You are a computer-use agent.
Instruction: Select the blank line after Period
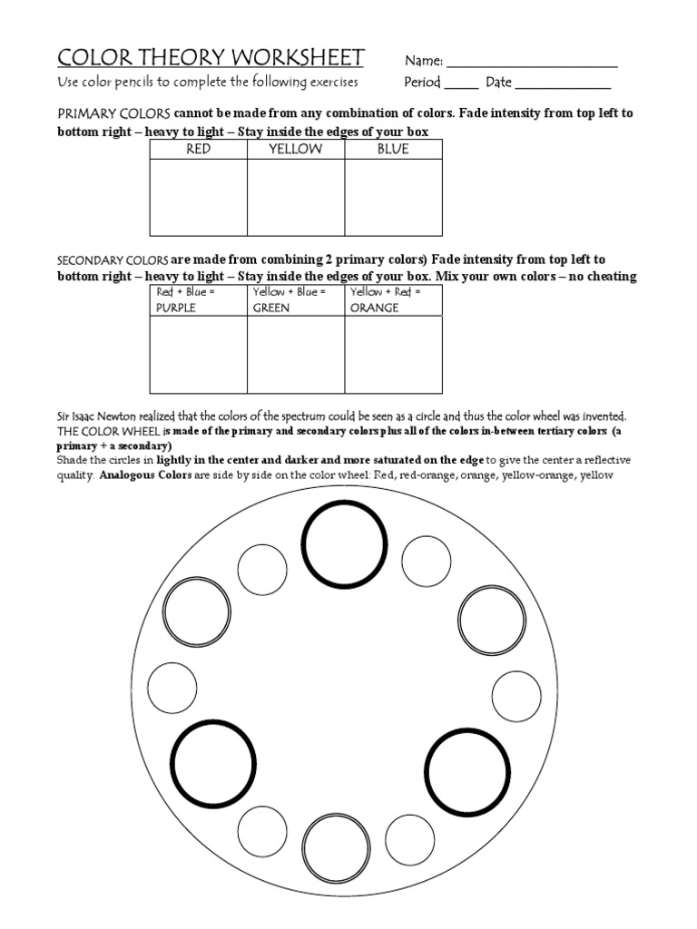point(461,87)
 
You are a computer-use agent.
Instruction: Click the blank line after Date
point(562,87)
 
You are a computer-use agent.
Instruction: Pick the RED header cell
point(198,150)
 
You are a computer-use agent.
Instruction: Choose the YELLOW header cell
point(296,150)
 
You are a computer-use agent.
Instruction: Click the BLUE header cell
point(393,150)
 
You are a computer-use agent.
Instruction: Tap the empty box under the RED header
point(198,197)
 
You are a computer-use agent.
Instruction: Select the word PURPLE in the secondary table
point(177,308)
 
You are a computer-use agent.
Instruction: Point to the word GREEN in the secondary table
point(271,308)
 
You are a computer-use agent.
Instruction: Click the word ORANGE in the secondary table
point(375,308)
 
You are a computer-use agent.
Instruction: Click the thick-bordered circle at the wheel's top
point(343,544)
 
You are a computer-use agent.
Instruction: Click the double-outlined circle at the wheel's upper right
point(491,621)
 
